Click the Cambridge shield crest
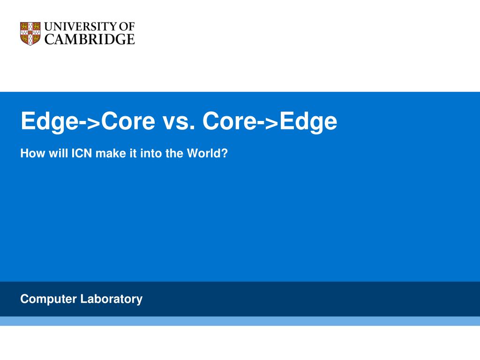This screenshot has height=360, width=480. [30, 33]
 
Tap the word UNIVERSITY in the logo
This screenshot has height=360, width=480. [81, 27]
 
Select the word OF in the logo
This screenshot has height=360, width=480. [127, 27]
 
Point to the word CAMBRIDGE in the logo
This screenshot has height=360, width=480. [90, 39]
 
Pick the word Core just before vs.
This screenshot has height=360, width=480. [128, 121]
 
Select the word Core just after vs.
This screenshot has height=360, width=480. [230, 121]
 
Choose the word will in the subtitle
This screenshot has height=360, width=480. [58, 153]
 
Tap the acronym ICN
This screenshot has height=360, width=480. [82, 153]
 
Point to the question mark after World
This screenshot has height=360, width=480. [225, 153]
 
